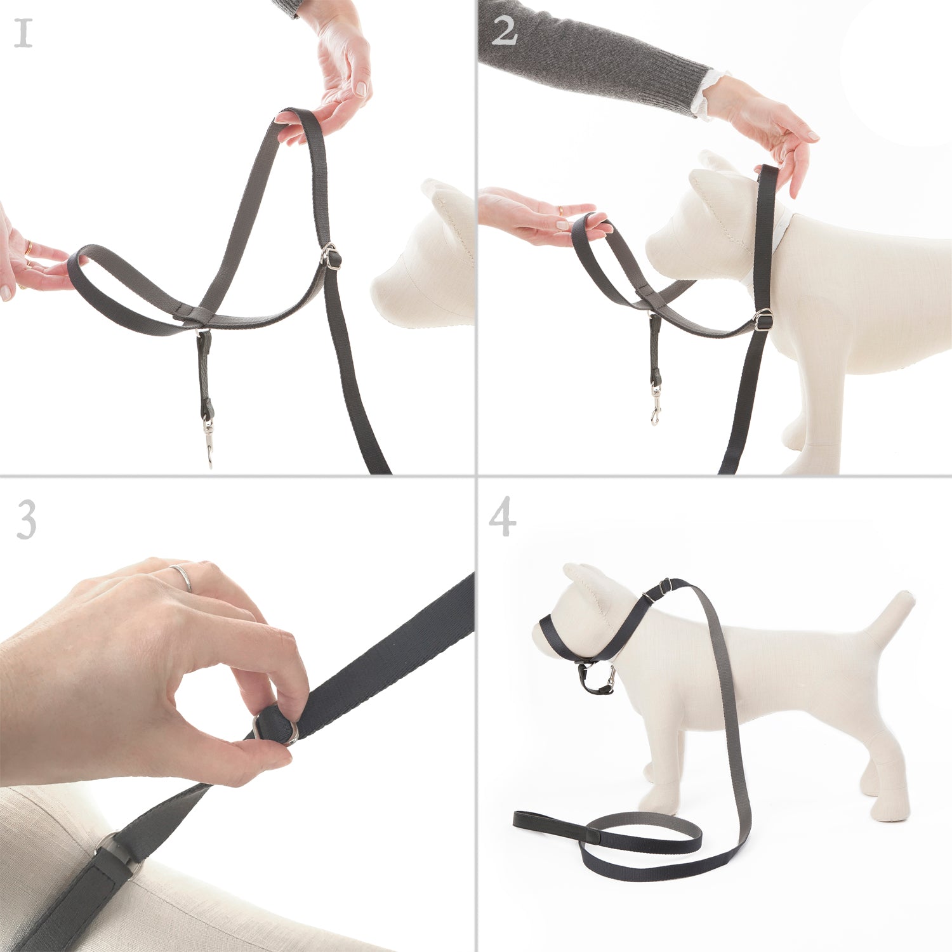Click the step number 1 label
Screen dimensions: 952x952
pos(23,34)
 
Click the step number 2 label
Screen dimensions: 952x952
pos(504,31)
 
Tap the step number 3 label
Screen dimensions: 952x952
pos(26,519)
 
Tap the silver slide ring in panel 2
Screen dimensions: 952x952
pos(764,320)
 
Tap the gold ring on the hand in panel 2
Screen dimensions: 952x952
pos(560,210)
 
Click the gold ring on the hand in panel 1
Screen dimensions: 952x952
pos(28,248)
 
